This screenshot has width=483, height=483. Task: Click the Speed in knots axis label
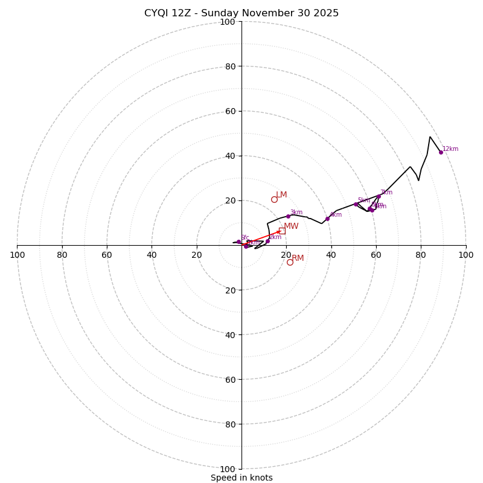[241, 478]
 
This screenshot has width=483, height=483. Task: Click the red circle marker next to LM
[274, 199]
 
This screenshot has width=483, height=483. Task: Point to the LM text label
[282, 195]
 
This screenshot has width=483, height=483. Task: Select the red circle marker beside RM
[290, 262]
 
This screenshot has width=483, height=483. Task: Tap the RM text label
[298, 258]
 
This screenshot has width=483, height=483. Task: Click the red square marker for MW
[281, 231]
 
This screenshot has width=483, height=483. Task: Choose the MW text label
[291, 226]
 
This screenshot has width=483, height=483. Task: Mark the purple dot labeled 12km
[441, 152]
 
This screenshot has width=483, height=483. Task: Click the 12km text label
[450, 149]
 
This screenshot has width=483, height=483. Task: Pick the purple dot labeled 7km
[379, 196]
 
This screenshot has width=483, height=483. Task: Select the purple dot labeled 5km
[356, 204]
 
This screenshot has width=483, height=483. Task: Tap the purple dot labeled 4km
[327, 219]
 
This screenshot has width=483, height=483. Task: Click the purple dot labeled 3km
[288, 216]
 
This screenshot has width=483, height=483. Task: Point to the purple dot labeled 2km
[267, 241]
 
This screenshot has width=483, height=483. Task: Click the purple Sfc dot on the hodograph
[238, 241]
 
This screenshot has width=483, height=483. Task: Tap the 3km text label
[296, 213]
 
